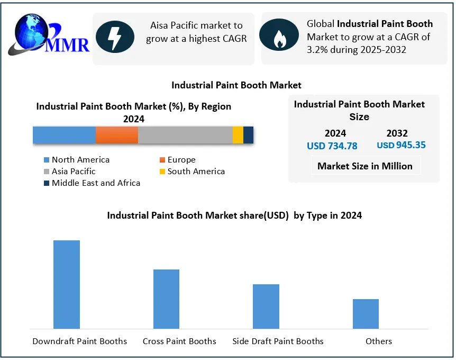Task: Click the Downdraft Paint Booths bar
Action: (67, 284)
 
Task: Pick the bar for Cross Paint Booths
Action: (166, 299)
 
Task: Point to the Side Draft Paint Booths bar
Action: (266, 307)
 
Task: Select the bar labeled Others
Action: (366, 314)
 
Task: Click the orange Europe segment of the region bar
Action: (117, 135)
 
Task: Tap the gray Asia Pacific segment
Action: (185, 135)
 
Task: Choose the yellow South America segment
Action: (238, 135)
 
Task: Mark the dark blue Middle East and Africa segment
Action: (248, 135)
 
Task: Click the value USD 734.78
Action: (332, 146)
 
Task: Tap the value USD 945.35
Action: (402, 145)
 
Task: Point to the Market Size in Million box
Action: (365, 166)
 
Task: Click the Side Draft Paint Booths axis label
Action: (278, 341)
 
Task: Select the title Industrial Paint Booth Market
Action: (236, 85)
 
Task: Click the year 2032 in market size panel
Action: (397, 133)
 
